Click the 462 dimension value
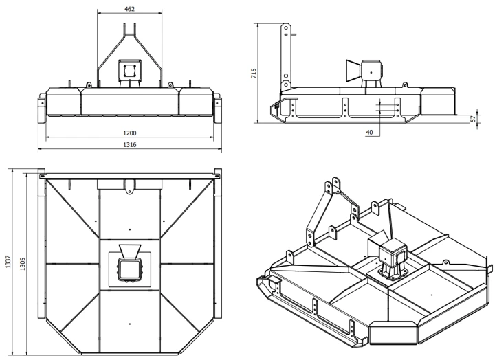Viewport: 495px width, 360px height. tap(129, 9)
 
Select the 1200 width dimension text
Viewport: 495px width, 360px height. tap(130, 133)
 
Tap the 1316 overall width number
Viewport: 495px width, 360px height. tap(130, 144)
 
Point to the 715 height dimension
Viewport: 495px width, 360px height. tap(254, 74)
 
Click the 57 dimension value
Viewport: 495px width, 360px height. tap(473, 119)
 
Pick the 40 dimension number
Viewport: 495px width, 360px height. tap(369, 132)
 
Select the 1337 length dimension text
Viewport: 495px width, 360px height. tap(8, 262)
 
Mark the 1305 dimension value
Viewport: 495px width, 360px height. tap(23, 264)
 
